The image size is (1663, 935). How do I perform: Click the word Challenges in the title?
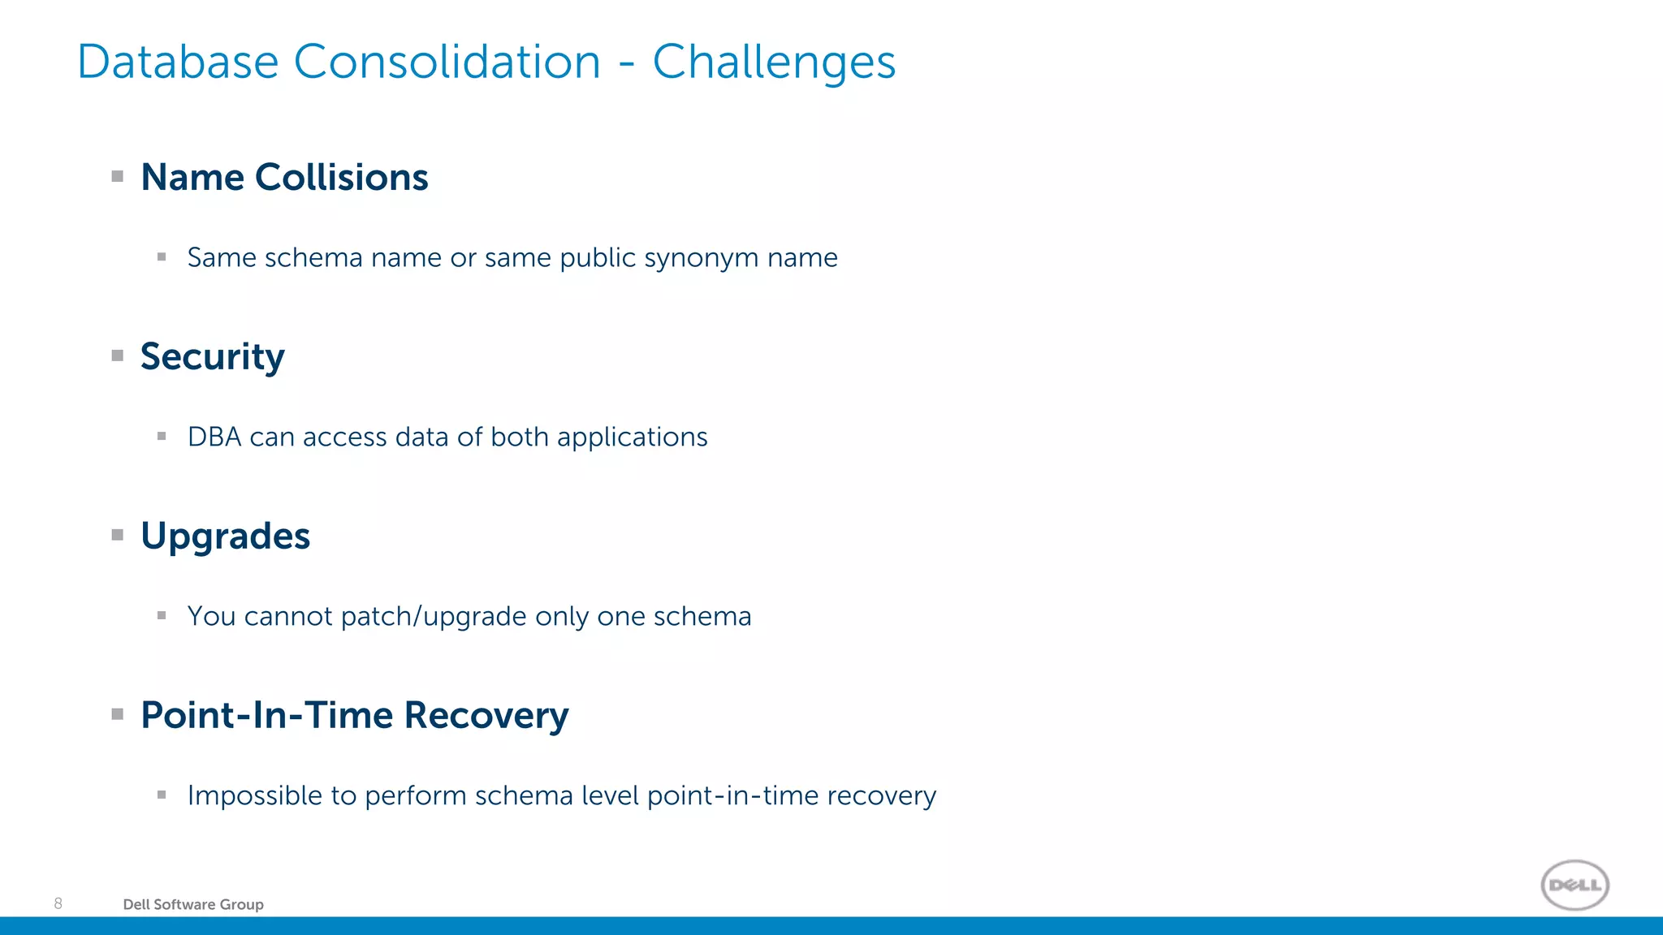774,62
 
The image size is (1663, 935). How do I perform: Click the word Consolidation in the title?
447,62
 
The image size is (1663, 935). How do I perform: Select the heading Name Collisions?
284,177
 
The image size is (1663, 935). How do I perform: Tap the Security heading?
213,357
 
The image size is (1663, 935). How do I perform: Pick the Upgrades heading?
225,536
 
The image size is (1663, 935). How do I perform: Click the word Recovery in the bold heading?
486,716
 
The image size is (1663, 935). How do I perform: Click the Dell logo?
1574,885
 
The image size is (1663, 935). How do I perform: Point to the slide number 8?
58,903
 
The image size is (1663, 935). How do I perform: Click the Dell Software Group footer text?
193,904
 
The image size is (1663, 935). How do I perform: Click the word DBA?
214,437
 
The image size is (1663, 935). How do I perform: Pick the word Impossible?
255,796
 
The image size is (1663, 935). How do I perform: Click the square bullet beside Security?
118,355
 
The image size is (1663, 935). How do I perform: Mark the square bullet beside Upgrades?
118,535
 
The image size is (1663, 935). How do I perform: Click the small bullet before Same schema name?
162,257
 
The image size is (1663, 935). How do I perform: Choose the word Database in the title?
178,62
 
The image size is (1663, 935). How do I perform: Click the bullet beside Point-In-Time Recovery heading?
118,714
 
